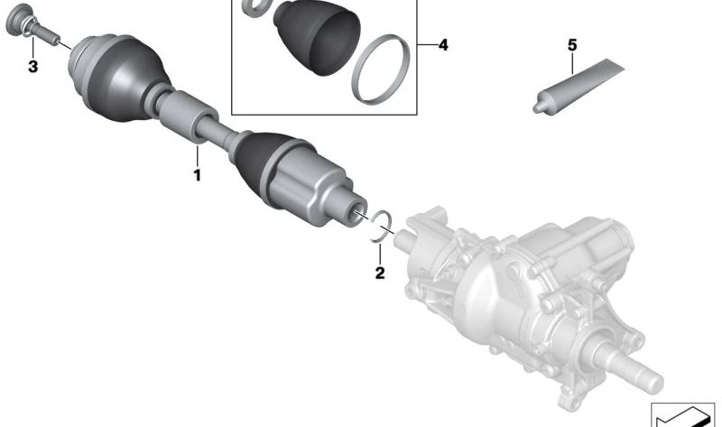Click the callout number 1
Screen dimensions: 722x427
pos(197,175)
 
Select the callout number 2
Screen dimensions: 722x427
pos(379,274)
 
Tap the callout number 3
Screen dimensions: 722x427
pos(32,67)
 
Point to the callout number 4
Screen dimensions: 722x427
pos(443,45)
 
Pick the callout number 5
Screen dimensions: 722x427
pos(572,45)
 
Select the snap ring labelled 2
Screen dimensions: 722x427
pos(382,226)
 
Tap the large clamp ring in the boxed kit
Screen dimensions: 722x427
pos(380,70)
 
